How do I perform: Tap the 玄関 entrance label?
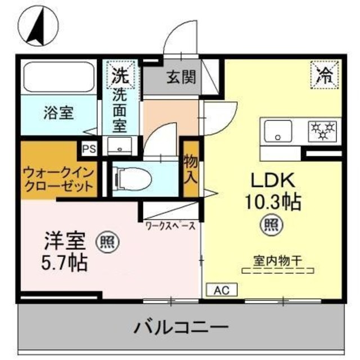(181, 77)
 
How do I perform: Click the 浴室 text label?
(58, 112)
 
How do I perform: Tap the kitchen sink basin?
(277, 132)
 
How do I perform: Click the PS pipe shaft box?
(88, 148)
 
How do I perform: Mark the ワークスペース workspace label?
(170, 226)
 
